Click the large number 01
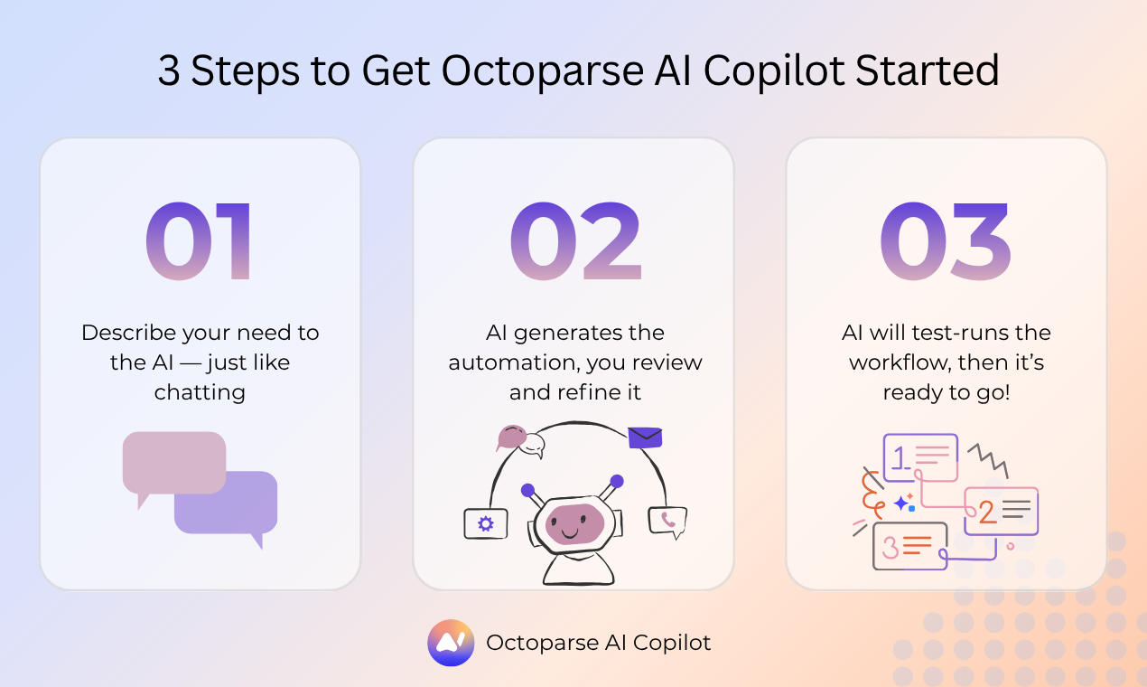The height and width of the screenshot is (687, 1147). pyautogui.click(x=200, y=241)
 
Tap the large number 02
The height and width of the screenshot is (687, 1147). pyautogui.click(x=575, y=241)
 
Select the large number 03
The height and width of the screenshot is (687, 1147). pyautogui.click(x=945, y=241)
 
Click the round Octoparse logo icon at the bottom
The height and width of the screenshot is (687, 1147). pyautogui.click(x=451, y=643)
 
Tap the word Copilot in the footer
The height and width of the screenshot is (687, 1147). pyautogui.click(x=671, y=643)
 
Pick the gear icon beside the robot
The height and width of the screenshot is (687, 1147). pyautogui.click(x=486, y=522)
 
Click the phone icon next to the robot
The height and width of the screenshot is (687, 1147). pyautogui.click(x=667, y=521)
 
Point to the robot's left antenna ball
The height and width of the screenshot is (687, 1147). pyautogui.click(x=527, y=490)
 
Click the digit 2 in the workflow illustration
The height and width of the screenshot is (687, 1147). pyautogui.click(x=987, y=513)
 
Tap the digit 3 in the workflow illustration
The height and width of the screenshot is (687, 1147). pyautogui.click(x=890, y=546)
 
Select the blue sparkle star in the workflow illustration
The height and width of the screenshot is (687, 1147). pyautogui.click(x=900, y=503)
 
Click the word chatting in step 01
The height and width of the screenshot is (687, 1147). pyautogui.click(x=200, y=391)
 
